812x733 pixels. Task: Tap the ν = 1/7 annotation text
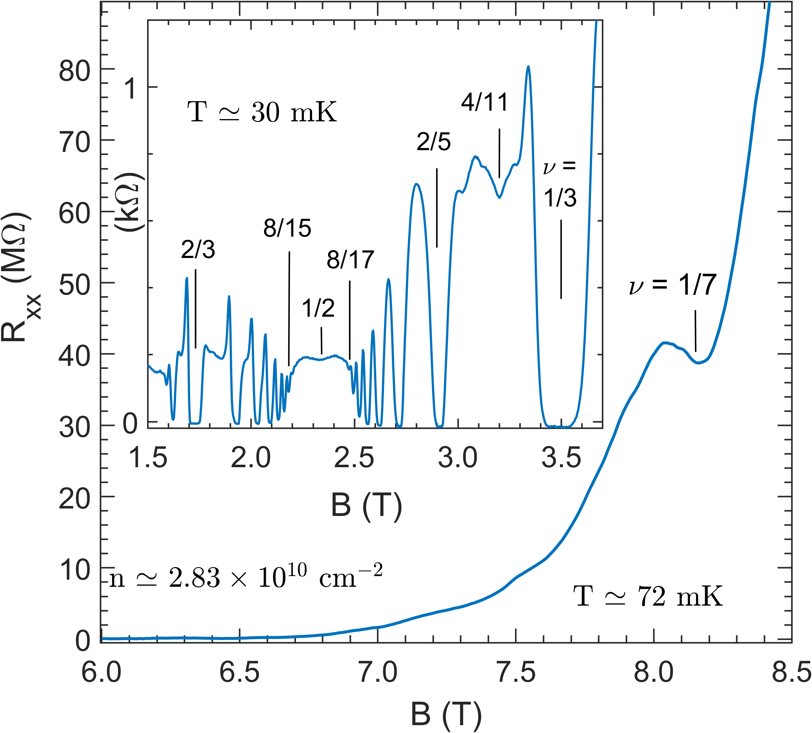673,285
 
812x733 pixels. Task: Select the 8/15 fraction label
287,228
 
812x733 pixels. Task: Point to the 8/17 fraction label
350,260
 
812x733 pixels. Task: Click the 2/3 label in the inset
198,250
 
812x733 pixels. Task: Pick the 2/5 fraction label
433,142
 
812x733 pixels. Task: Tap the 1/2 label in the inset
318,309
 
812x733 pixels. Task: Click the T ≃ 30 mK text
262,112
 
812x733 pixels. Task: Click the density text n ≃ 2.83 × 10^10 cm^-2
246,578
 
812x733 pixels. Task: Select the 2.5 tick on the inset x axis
354,458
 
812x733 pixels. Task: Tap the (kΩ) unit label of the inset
130,201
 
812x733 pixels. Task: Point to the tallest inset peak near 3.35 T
528,68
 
